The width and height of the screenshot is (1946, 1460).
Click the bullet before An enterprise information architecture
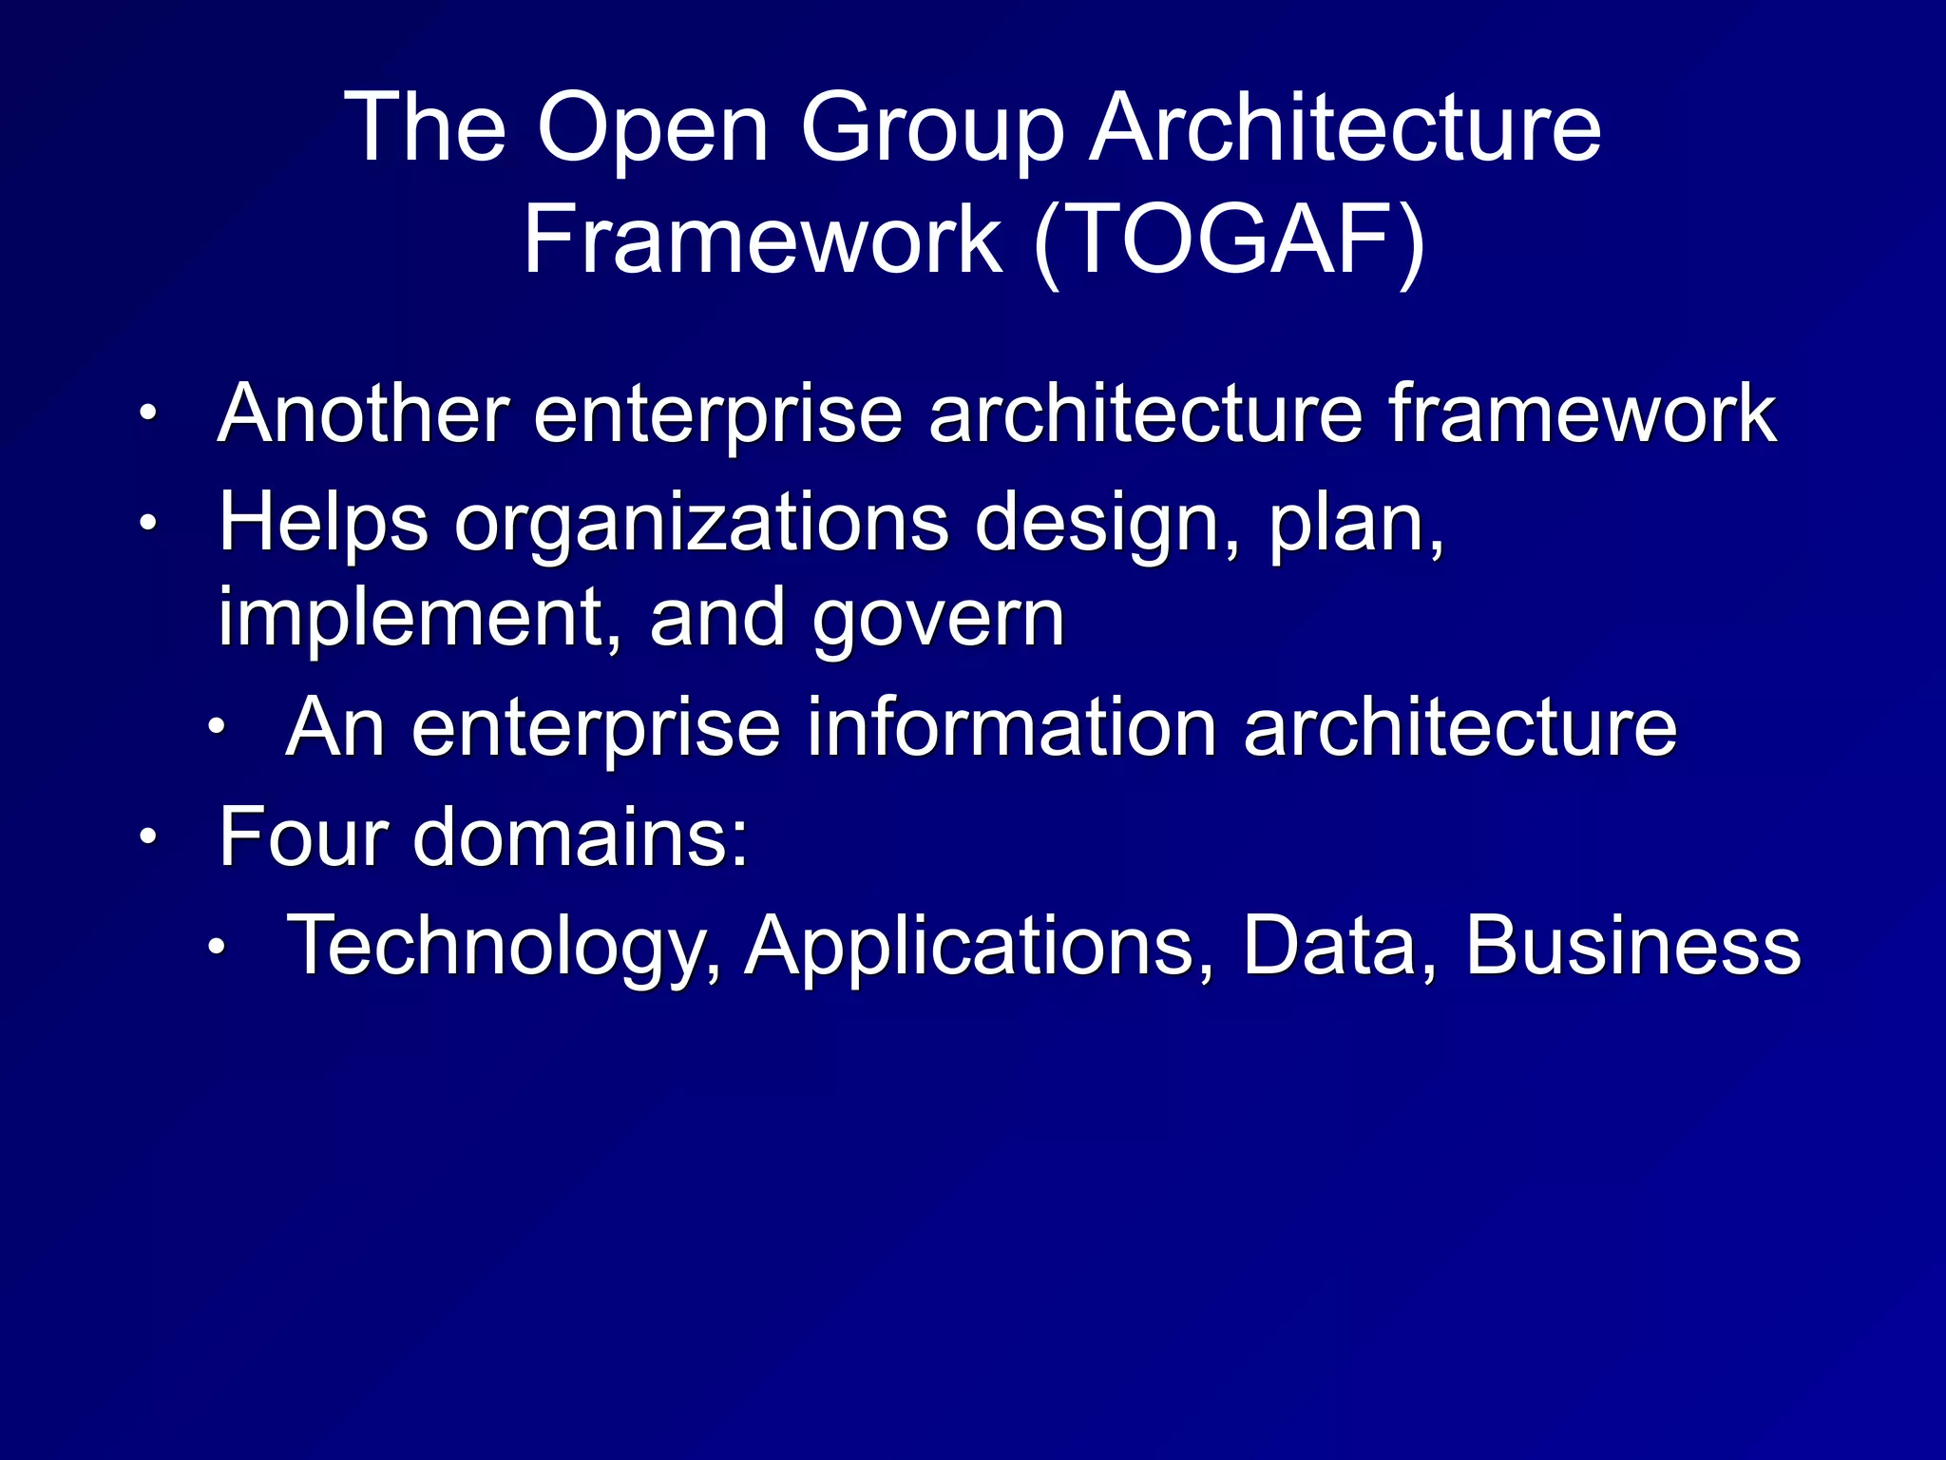217,728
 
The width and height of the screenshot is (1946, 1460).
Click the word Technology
504,947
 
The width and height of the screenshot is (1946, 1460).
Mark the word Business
1632,945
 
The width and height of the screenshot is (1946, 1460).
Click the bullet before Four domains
147,837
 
